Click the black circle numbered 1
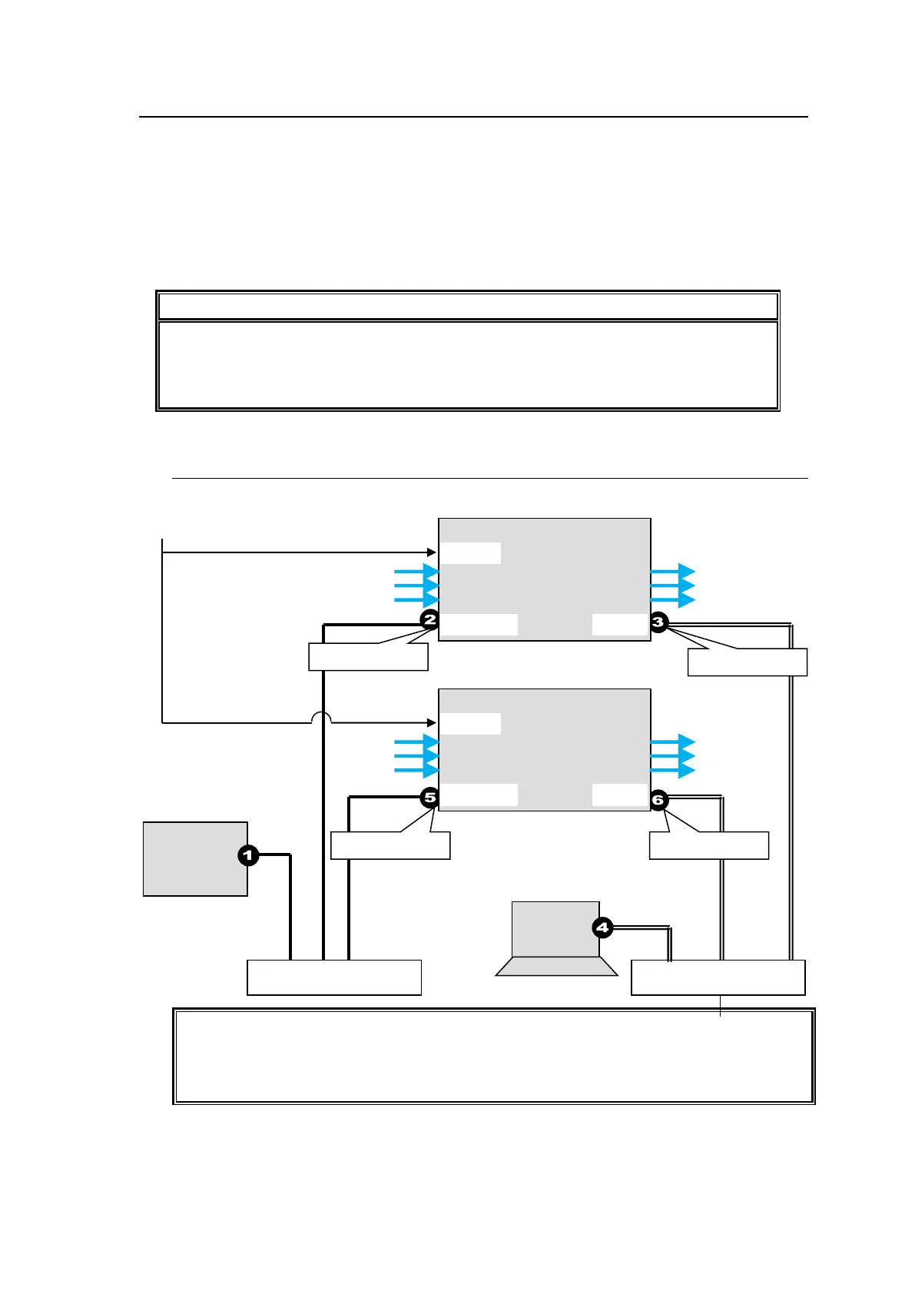(248, 855)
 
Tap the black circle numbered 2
(429, 619)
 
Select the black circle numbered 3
(658, 622)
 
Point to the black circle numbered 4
(602, 928)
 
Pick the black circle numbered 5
(429, 798)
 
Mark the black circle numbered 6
(658, 800)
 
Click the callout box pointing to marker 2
(368, 657)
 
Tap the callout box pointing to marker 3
(747, 662)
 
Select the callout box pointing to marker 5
(390, 845)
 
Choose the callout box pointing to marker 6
(708, 845)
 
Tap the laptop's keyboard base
(556, 967)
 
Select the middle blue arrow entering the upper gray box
(417, 586)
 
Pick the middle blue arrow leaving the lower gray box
(673, 757)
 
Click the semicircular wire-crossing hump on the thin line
(321, 718)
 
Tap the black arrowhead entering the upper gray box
(432, 552)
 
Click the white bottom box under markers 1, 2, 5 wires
(334, 977)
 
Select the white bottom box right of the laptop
(718, 977)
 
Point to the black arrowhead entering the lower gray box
(432, 723)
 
